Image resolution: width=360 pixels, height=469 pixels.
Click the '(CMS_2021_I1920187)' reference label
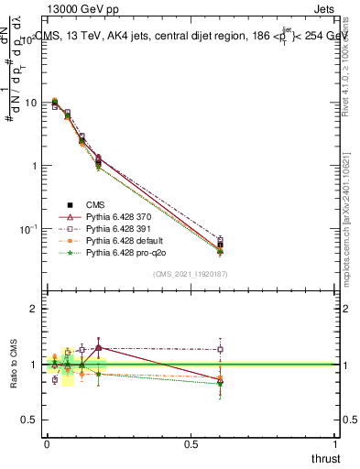(x=190, y=274)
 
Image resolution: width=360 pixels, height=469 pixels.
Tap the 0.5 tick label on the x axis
(x=191, y=443)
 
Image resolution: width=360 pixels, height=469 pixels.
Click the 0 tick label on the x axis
(x=47, y=443)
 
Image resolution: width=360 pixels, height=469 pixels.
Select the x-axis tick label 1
(x=335, y=443)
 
